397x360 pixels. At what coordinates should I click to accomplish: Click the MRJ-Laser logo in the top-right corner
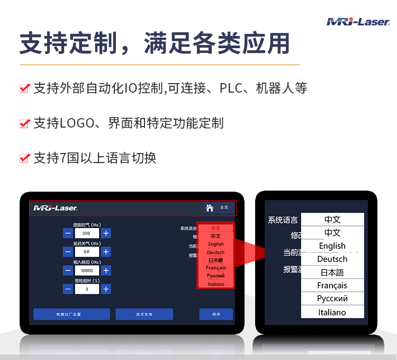click(358, 22)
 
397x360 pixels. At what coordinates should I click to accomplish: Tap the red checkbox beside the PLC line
click(24, 88)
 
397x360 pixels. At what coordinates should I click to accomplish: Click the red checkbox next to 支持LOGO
click(24, 123)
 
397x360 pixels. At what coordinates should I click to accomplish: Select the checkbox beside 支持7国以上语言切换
click(24, 158)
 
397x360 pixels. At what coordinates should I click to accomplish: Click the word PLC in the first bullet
click(232, 88)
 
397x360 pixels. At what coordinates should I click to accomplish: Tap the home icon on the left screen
click(210, 208)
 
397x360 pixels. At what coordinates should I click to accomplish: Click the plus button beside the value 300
click(106, 233)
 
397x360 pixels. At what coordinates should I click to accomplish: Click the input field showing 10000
click(87, 271)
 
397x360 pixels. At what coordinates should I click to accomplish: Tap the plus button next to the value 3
click(106, 289)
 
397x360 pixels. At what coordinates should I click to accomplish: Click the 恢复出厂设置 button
click(71, 314)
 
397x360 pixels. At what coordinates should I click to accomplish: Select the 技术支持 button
click(144, 314)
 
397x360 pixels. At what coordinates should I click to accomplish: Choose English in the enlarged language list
click(332, 246)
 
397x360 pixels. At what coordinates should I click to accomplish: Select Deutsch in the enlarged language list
click(332, 259)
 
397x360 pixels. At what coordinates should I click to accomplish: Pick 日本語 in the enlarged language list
click(332, 273)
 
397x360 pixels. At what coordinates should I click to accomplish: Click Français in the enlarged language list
click(332, 286)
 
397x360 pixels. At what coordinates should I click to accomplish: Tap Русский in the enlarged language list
click(332, 299)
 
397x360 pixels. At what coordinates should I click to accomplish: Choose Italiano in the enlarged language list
click(332, 312)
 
